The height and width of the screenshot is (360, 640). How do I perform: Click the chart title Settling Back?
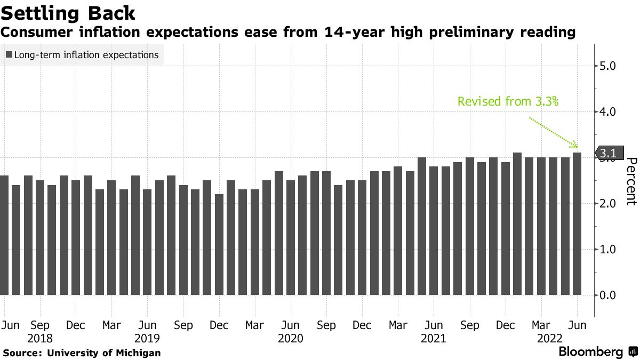pos(68,12)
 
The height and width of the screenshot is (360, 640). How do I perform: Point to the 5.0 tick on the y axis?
pos(609,66)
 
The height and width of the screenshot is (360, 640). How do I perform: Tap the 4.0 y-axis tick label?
pos(609,112)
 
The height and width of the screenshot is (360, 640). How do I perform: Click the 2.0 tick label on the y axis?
pos(609,204)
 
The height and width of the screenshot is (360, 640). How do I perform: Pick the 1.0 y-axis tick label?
pos(609,250)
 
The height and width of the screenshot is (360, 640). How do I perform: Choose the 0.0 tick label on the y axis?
pos(609,295)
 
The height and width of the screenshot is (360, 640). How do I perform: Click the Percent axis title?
pos(631,181)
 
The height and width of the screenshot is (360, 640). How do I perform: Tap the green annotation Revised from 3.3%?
pos(507,101)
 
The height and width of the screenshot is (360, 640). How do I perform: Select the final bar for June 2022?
pos(577,224)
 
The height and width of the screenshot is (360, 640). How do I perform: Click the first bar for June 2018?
pos(4,235)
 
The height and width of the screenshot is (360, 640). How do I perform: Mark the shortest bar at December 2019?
pos(219,244)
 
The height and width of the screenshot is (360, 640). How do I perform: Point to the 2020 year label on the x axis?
pos(291,338)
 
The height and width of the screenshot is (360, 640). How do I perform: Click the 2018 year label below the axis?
pos(41,338)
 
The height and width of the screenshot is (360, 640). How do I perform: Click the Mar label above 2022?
pos(541,325)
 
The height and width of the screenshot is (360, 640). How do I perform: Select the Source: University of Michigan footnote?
pos(82,353)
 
